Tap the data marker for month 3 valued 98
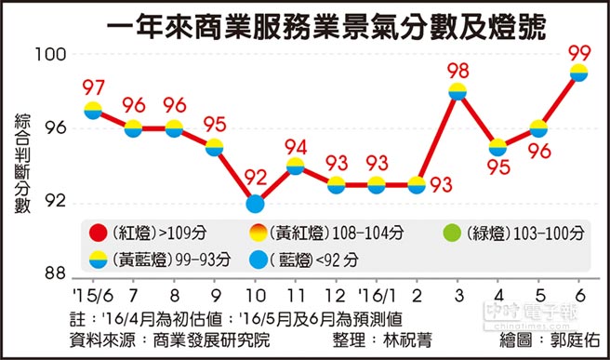(457, 91)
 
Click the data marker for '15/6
(93, 110)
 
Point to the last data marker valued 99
(577, 73)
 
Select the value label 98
(457, 68)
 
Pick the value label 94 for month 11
(296, 145)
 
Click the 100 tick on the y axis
(59, 55)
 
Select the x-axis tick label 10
(254, 290)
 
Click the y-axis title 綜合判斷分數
(21, 165)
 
